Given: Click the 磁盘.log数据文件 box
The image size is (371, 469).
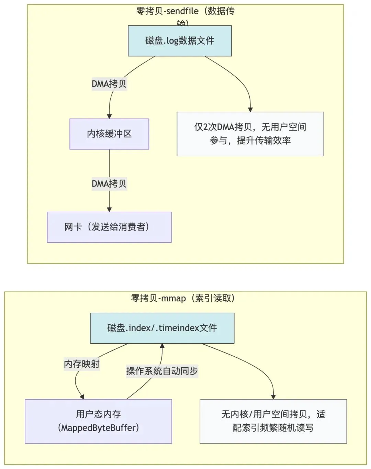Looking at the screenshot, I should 180,41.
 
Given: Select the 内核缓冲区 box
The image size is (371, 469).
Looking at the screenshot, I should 109,134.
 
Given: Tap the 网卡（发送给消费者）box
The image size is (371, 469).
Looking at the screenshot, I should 109,227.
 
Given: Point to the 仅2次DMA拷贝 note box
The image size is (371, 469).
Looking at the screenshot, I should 250,134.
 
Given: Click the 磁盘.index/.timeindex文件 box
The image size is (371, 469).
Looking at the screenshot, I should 162,328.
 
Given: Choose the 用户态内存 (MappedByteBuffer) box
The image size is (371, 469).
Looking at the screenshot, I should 98,421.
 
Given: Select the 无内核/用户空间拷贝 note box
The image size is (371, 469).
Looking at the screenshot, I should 273,421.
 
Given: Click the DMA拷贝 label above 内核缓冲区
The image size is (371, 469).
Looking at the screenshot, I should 109,84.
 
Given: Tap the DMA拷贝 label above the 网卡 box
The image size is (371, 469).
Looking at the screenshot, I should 109,184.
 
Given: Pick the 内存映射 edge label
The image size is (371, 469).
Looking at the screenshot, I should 82,364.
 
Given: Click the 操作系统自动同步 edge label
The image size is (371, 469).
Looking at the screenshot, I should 162,371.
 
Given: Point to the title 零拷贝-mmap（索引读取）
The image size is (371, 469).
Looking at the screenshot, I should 183,298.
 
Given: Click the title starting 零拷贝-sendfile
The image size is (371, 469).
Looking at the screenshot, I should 185,11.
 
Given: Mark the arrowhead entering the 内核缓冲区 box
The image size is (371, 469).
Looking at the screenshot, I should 109,116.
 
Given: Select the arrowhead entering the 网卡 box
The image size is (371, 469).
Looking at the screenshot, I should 109,210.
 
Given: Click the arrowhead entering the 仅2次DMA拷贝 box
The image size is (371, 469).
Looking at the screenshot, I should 250,110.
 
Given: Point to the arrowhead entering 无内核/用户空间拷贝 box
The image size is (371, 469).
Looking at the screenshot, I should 273,397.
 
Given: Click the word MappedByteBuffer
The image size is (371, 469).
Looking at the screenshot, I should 99,428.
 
